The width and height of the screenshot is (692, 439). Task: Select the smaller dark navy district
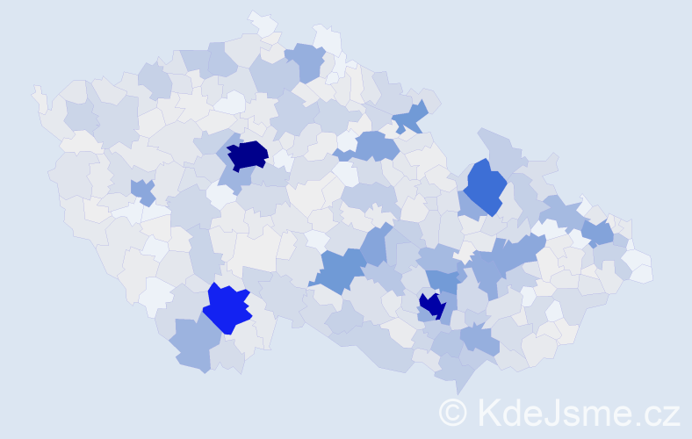click(x=431, y=306)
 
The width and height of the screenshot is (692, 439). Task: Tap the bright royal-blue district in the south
click(x=227, y=308)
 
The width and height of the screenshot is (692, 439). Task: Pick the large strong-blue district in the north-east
click(x=486, y=186)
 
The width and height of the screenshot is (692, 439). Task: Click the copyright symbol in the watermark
click(x=454, y=412)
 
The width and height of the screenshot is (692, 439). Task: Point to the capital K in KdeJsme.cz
click(x=487, y=412)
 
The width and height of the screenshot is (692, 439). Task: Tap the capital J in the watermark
click(x=548, y=412)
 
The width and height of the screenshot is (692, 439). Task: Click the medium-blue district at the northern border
click(x=306, y=60)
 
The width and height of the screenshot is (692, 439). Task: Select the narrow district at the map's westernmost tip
click(x=39, y=97)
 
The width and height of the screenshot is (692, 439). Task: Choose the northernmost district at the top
click(x=262, y=21)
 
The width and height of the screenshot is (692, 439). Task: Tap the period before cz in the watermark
click(x=639, y=422)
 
